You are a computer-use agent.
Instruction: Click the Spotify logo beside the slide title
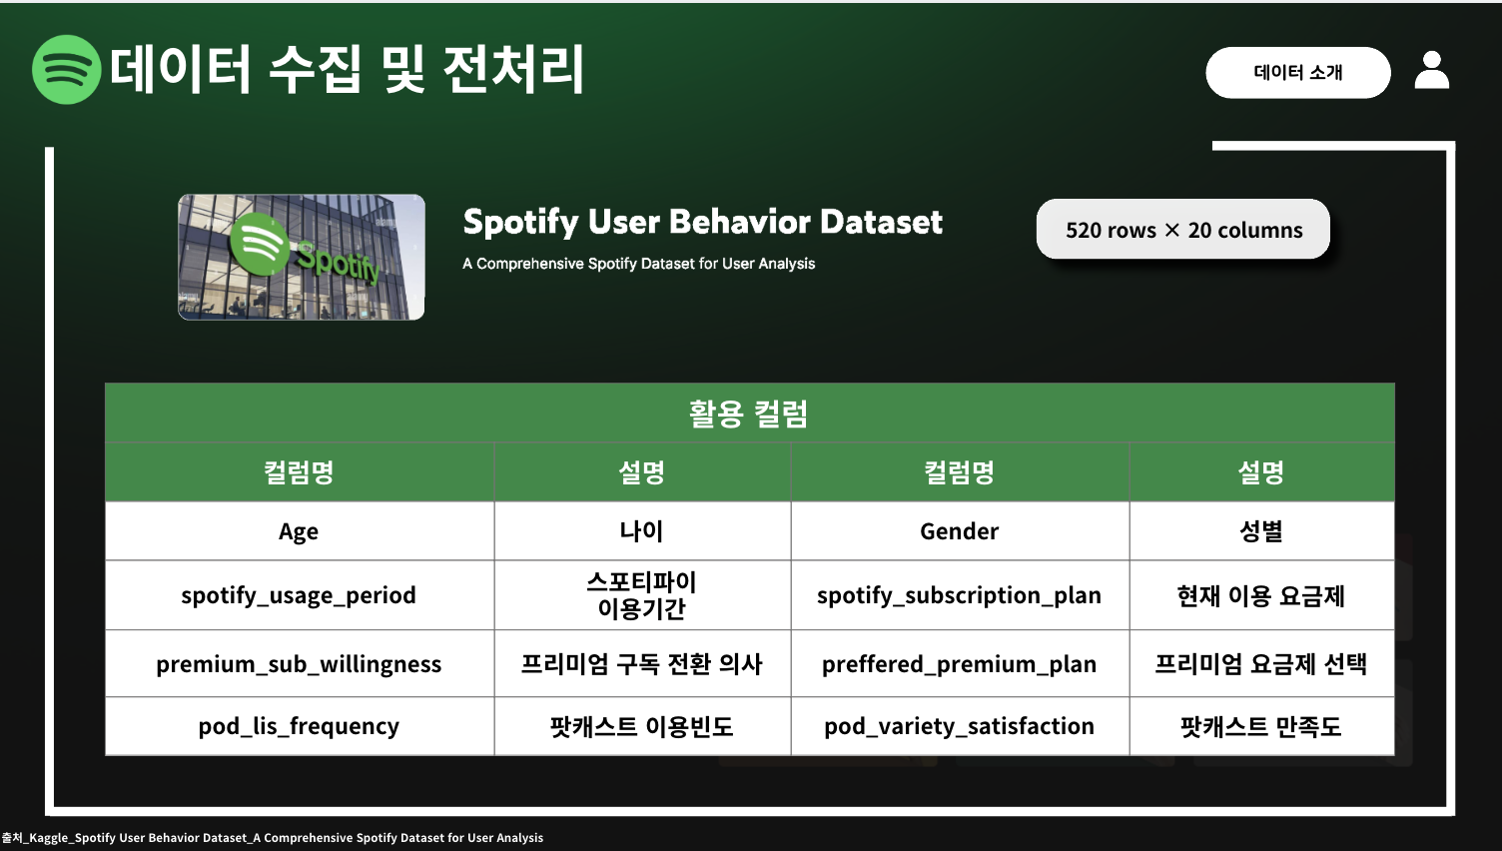point(66,70)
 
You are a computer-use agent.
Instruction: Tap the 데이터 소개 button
point(1298,73)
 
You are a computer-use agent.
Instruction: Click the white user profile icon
point(1432,70)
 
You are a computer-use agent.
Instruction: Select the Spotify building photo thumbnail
point(301,257)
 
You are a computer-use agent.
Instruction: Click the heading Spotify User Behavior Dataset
point(703,222)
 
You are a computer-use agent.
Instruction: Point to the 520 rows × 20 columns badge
point(1183,230)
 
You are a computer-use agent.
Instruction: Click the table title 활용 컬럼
point(748,414)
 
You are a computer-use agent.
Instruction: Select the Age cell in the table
point(299,531)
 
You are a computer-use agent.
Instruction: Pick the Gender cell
point(960,531)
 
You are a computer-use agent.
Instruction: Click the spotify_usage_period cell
point(299,595)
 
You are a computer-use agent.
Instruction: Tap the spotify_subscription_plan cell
point(960,595)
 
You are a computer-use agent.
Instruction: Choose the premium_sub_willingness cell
point(299,664)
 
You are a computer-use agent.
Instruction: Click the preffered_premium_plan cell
point(960,664)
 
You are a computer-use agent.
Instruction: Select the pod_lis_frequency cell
point(299,726)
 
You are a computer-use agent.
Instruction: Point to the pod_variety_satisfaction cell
point(960,726)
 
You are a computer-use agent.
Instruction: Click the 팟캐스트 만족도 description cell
point(1261,726)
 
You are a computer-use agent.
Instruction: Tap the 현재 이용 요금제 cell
point(1261,595)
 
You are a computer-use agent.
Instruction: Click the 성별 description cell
point(1261,531)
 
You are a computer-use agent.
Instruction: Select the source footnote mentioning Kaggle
point(273,838)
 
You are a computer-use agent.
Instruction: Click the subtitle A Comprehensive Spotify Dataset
point(639,264)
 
